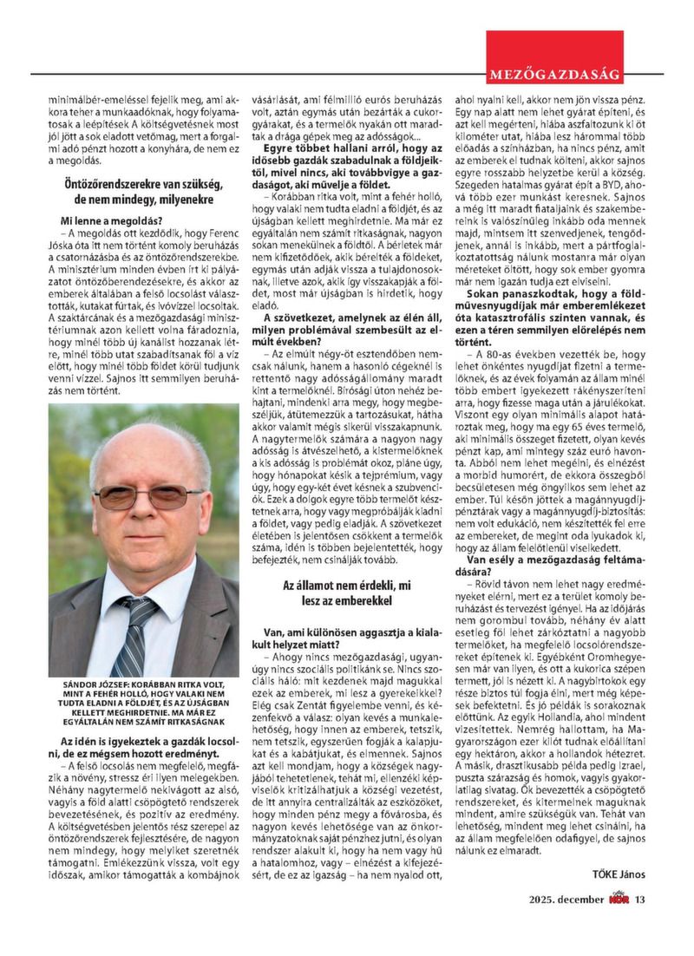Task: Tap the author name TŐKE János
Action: click(619, 874)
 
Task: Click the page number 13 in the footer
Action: click(639, 899)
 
